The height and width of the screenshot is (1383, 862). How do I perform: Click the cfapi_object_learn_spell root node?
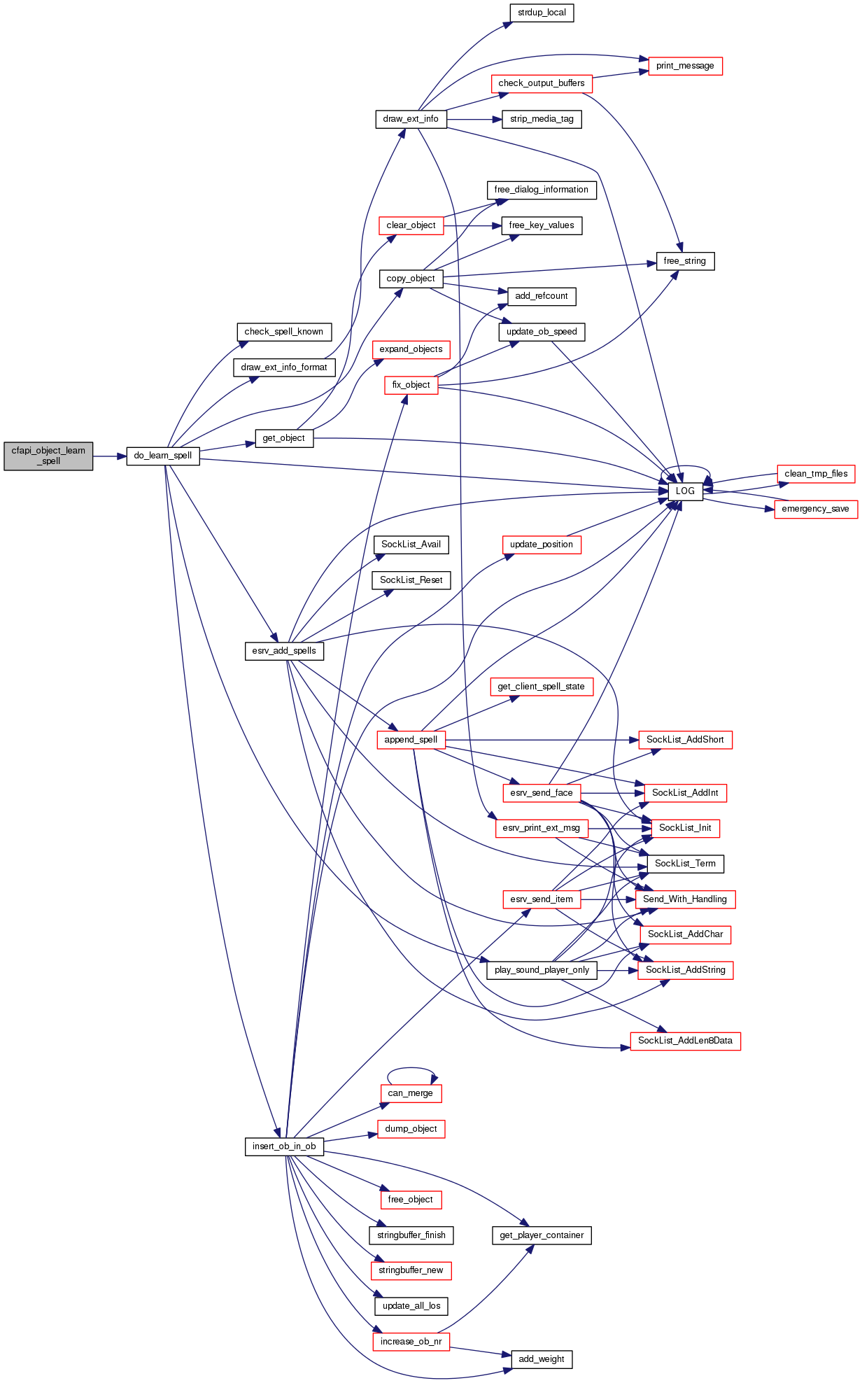pos(48,456)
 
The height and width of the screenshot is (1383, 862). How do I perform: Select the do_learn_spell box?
pos(163,456)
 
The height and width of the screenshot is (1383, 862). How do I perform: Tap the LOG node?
pos(685,491)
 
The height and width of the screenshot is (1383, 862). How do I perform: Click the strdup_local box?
pos(542,13)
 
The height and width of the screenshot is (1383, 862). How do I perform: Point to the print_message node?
pos(685,66)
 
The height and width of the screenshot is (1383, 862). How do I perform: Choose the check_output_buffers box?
pos(542,83)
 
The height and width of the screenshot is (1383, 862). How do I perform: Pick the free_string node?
pos(685,261)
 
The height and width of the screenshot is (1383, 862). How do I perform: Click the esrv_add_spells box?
pos(284,651)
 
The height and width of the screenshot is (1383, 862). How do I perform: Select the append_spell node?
pos(411,740)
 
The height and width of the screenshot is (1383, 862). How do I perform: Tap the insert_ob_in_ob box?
pos(284,1146)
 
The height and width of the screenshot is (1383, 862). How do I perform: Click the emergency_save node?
pos(815,509)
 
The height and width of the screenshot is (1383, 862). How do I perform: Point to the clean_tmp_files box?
pos(816,474)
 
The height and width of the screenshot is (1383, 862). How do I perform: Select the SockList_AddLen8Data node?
pos(685,1041)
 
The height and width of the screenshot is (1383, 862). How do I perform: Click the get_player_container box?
pos(542,1235)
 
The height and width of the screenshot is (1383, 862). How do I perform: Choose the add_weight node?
pos(542,1359)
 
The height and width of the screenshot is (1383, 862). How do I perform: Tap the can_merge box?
pos(411,1093)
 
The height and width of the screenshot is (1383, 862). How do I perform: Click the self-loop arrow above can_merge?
pos(411,1069)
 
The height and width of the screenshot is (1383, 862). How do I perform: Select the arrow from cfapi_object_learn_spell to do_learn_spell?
pos(109,456)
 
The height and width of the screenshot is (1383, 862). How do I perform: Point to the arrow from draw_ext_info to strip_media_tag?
pos(474,120)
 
